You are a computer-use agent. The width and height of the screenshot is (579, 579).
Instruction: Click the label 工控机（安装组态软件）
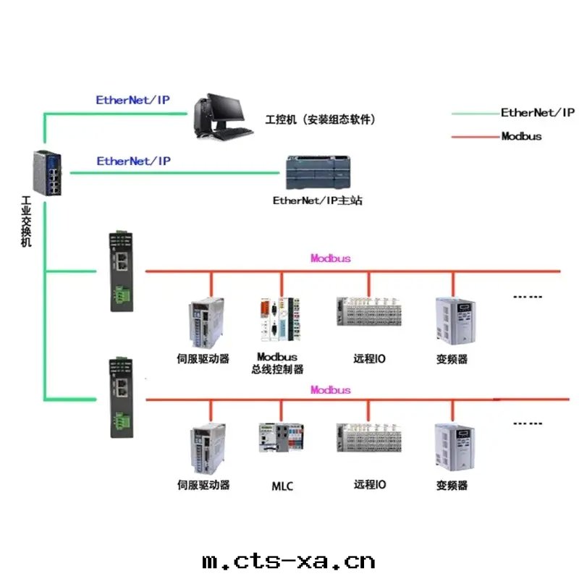coord(321,119)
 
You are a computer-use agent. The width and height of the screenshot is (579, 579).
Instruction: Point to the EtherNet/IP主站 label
coord(317,200)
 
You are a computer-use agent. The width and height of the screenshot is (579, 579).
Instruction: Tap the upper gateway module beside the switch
coord(120,271)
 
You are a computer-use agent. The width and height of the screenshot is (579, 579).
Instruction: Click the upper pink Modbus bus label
coord(331,258)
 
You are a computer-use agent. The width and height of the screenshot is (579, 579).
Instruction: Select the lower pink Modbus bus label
coord(331,390)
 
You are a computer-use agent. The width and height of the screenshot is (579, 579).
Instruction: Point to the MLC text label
coord(282,486)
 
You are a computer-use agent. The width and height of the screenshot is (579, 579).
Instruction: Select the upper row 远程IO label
coord(369,358)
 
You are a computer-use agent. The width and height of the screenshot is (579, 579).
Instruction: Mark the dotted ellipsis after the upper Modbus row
coord(527,297)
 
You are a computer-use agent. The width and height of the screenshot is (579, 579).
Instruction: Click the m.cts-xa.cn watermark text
coord(289,561)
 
